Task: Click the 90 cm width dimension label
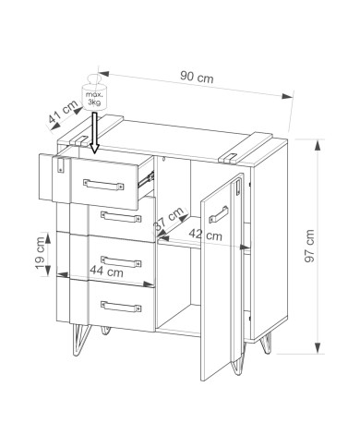[x=197, y=77]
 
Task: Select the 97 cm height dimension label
[x=309, y=246]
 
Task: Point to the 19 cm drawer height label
[x=40, y=253]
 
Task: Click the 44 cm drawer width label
[x=106, y=272]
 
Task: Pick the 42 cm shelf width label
[x=205, y=235]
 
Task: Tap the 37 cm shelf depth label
[x=169, y=219]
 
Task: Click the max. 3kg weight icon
[x=93, y=92]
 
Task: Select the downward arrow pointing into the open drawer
[x=94, y=133]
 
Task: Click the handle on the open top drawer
[x=103, y=185]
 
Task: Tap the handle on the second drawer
[x=121, y=216]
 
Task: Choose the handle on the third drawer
[x=121, y=261]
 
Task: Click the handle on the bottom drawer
[x=121, y=307]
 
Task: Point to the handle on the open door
[x=219, y=214]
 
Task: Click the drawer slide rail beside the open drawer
[x=146, y=179]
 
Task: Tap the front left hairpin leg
[x=80, y=340]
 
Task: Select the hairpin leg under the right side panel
[x=267, y=343]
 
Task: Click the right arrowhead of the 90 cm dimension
[x=287, y=96]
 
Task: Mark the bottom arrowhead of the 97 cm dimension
[x=318, y=348]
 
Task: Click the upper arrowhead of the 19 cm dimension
[x=48, y=238]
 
